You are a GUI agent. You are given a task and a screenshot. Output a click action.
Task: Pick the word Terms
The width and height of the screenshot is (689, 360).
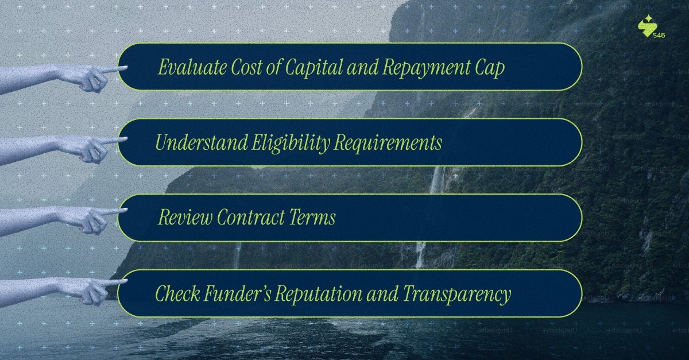tap(313, 218)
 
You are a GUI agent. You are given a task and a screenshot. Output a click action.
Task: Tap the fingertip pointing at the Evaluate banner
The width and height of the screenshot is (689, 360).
tap(123, 68)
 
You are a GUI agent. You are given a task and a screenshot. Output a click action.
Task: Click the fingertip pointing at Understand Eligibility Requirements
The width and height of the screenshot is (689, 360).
tap(124, 140)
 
